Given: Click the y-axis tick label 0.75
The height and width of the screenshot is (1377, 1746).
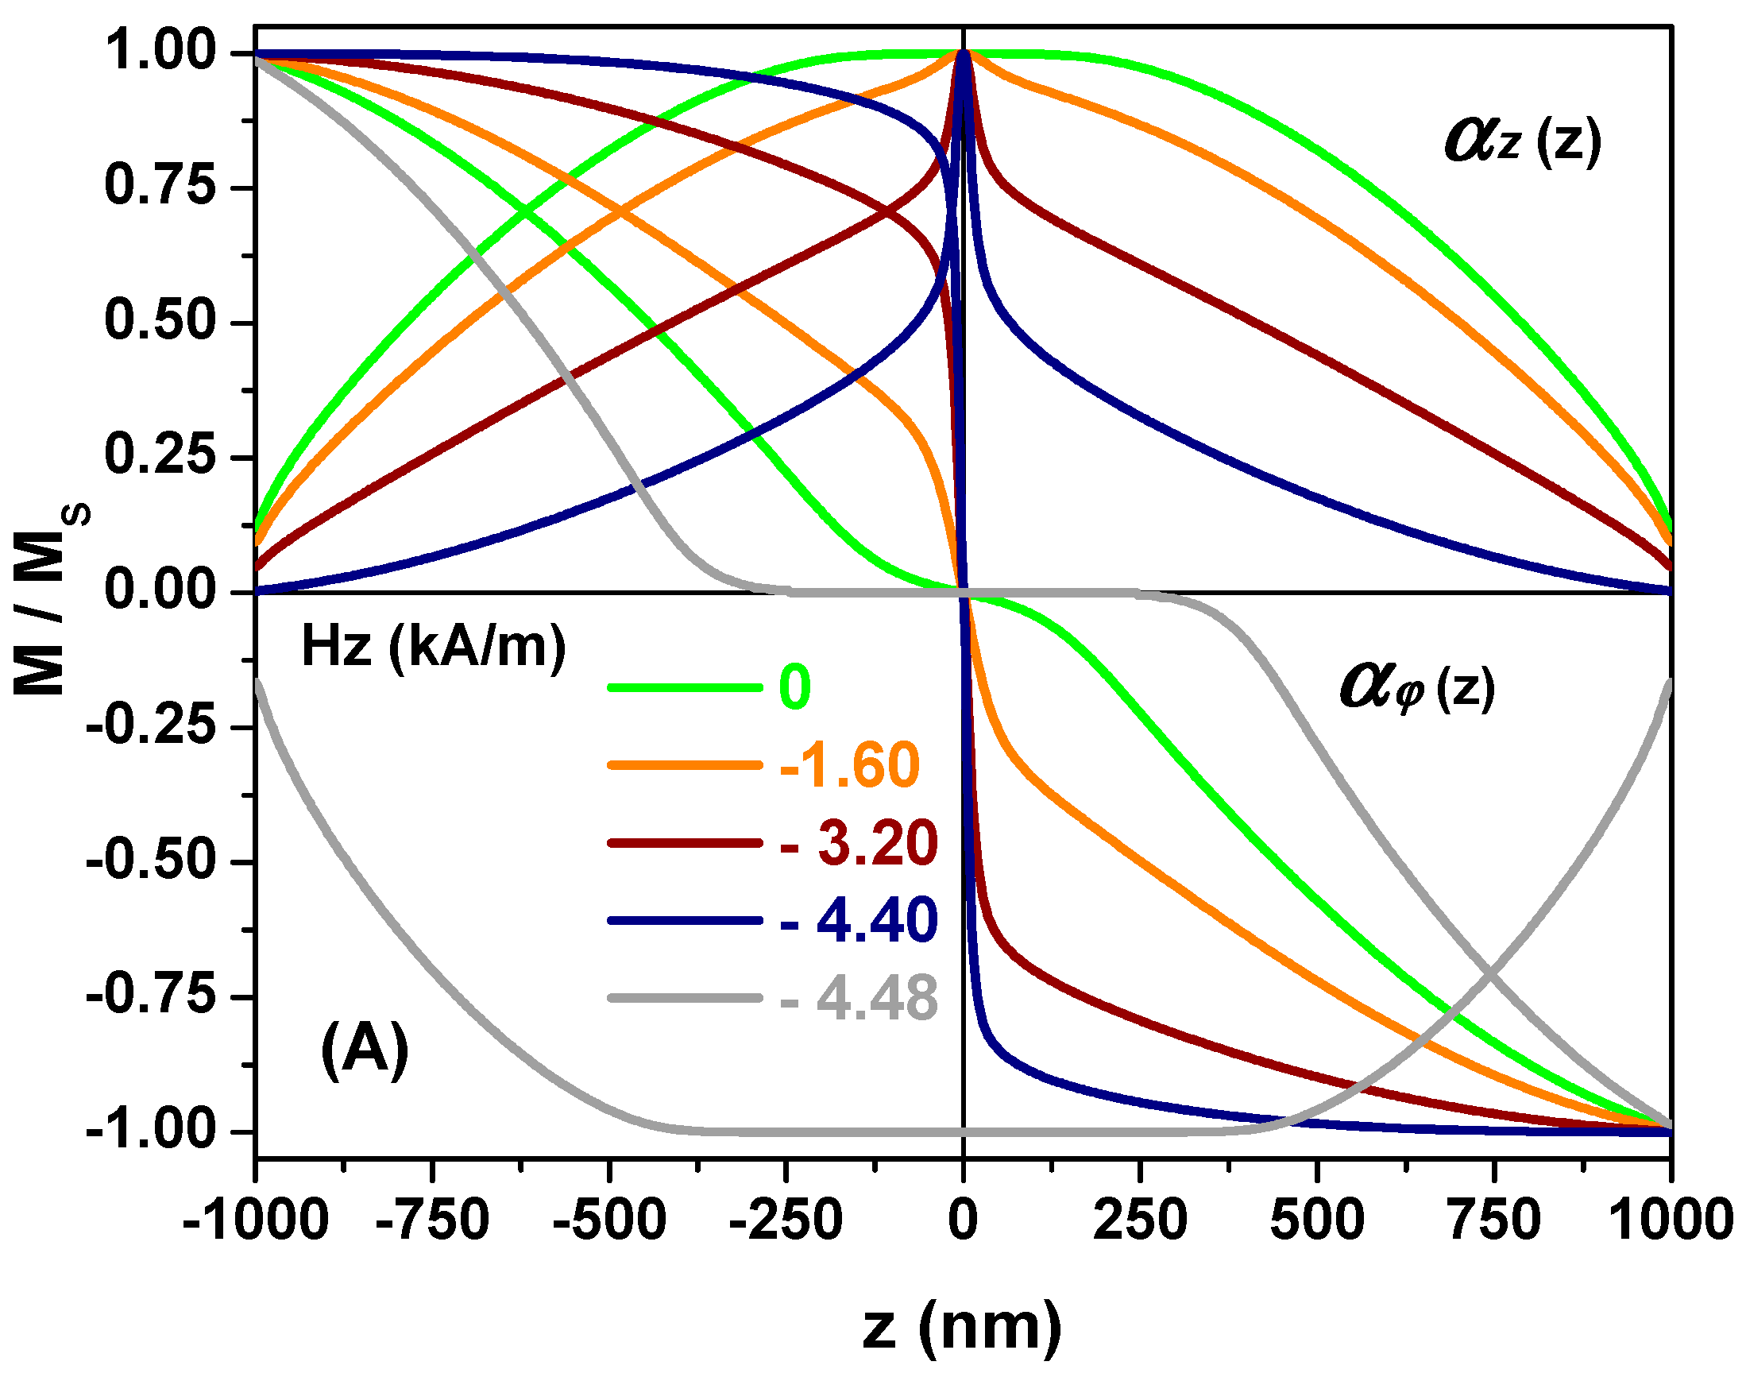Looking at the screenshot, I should coord(160,186).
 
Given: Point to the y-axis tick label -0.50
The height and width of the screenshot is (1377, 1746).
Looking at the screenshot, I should coord(152,861).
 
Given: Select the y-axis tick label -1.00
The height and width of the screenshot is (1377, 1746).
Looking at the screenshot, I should coord(152,1131).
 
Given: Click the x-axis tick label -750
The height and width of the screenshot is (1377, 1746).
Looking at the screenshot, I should coord(433,1219).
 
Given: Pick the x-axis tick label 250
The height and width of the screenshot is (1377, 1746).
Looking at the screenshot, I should coord(1140,1219).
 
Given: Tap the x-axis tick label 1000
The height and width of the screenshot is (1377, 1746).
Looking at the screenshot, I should coord(1671,1219).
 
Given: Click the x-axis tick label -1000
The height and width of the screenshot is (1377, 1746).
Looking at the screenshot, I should coord(256,1219).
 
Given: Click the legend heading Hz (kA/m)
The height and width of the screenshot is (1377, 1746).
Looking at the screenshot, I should coord(434,647).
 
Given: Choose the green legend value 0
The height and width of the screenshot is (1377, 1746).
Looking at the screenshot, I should coord(794,687).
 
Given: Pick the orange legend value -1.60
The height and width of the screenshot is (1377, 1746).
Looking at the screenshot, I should coord(849,764).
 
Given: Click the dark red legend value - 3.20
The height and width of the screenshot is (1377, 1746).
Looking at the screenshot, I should coord(859,842).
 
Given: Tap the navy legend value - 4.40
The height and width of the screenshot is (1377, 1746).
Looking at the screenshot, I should coord(859,920).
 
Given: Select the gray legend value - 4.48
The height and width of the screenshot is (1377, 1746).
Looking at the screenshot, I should coord(859,998).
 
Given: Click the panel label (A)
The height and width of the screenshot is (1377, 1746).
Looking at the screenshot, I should coord(365,1050).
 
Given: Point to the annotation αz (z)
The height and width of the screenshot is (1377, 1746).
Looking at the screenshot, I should coord(1522,142).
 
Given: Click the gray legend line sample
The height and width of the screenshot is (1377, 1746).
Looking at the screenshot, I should coord(685,998).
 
